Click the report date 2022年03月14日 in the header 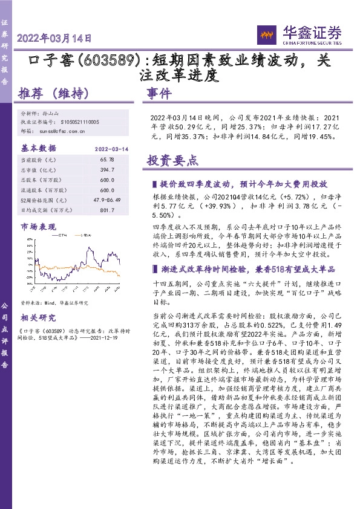[x=54, y=37]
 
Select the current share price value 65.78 [x=106, y=159]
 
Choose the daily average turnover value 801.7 [x=106, y=210]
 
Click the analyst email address [x=64, y=130]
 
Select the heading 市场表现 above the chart [x=37, y=226]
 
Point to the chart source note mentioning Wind [x=54, y=303]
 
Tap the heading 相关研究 [x=38, y=317]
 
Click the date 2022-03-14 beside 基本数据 [x=111, y=148]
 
